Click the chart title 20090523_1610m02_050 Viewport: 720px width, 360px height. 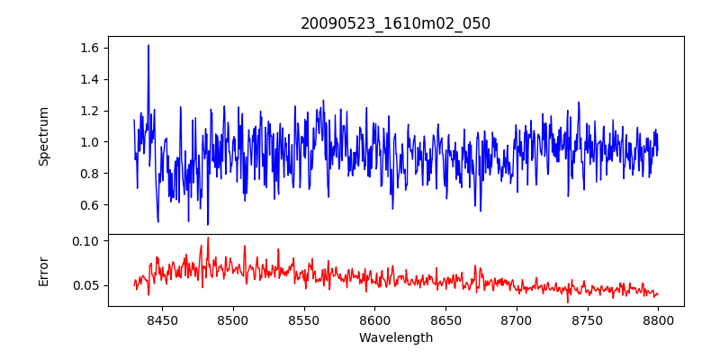click(x=395, y=23)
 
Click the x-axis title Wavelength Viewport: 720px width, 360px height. click(x=395, y=338)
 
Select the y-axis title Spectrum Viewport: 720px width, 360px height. click(x=44, y=136)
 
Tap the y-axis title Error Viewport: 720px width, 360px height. click(x=44, y=270)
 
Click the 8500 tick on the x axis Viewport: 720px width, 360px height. click(x=232, y=320)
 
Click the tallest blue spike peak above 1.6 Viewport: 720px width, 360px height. click(x=148, y=45)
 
